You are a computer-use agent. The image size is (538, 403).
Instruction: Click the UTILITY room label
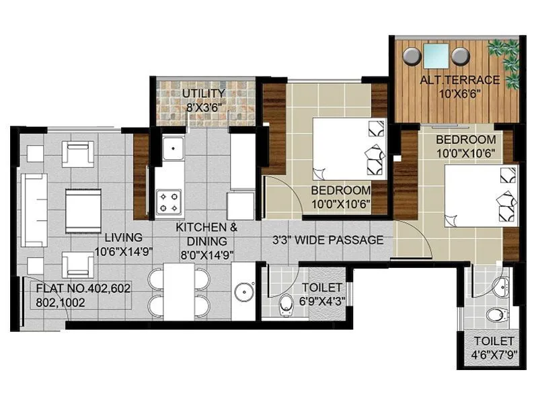point(203,93)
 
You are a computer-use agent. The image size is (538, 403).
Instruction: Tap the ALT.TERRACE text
point(460,80)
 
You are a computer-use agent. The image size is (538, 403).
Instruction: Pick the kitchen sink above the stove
point(174,147)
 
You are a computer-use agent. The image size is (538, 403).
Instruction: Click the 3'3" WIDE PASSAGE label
point(328,240)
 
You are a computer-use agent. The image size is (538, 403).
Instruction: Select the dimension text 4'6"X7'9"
point(493,354)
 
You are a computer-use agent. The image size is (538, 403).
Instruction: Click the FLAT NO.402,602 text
point(83,288)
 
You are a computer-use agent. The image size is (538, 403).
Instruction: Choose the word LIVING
point(124,238)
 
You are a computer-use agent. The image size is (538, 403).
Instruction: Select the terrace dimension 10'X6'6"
point(460,93)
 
